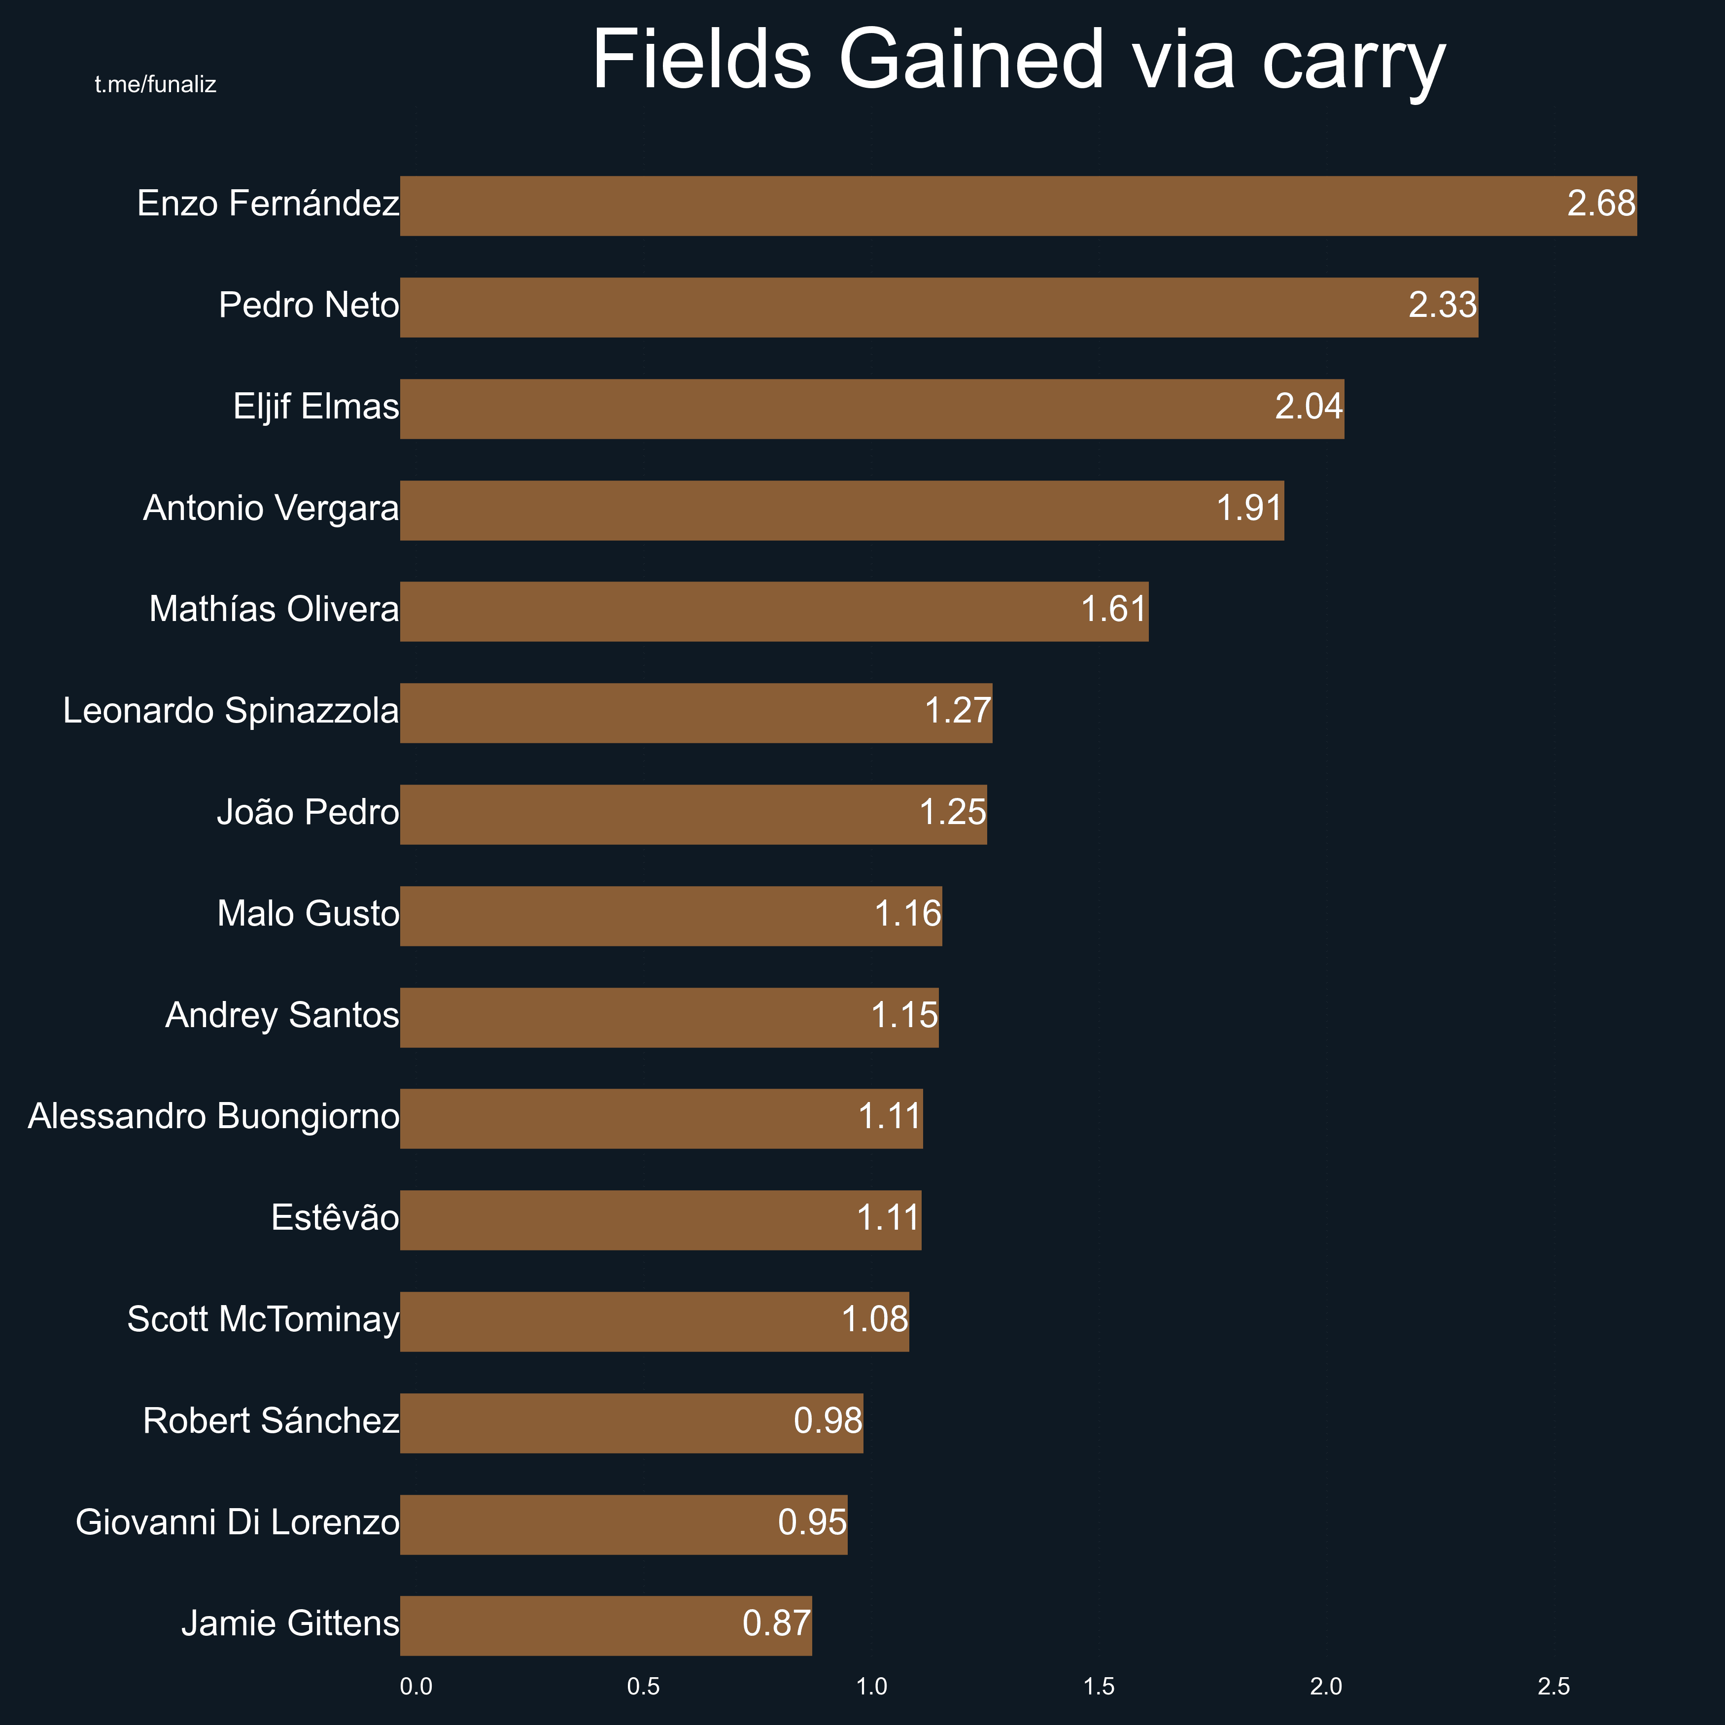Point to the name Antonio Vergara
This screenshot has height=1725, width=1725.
(x=271, y=508)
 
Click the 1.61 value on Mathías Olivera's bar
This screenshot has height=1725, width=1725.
(x=1113, y=610)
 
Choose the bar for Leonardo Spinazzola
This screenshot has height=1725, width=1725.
(x=696, y=713)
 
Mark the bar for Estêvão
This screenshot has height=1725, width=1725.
(x=661, y=1220)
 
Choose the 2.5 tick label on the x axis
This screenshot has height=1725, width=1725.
(x=1553, y=1687)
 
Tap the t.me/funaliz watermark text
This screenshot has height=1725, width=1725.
(x=155, y=85)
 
